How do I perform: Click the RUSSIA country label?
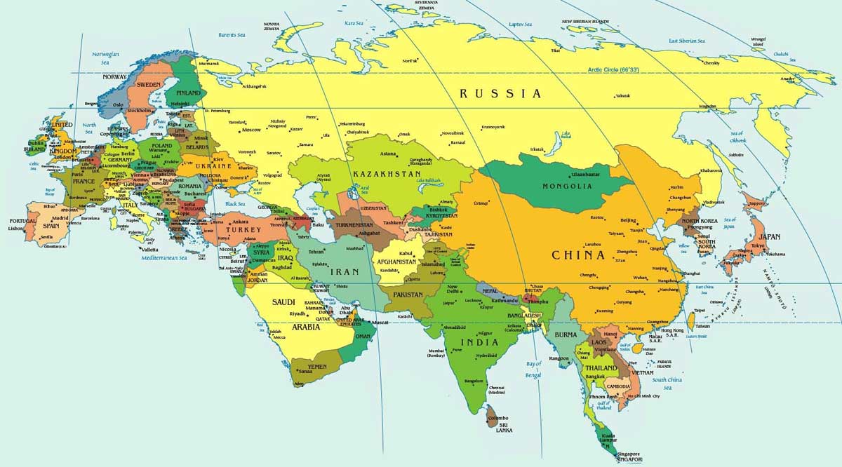pyautogui.click(x=500, y=93)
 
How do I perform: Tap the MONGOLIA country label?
pyautogui.click(x=568, y=187)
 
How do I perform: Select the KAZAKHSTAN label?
pyautogui.click(x=387, y=173)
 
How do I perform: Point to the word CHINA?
pyautogui.click(x=578, y=255)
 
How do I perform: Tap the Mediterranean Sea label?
pyautogui.click(x=163, y=257)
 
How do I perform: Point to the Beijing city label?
pyautogui.click(x=629, y=220)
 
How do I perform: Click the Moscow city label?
pyautogui.click(x=250, y=130)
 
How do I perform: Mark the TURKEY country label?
pyautogui.click(x=246, y=230)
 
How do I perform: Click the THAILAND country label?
pyautogui.click(x=601, y=368)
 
